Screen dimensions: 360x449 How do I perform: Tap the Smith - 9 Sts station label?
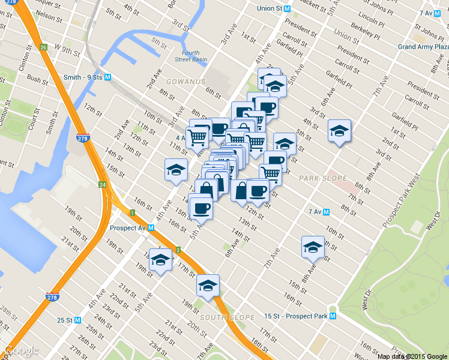coord(83,77)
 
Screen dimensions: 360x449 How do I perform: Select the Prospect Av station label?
coord(128,228)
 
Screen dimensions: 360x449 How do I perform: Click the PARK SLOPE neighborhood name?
coord(323,178)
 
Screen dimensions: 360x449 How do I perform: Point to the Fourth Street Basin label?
coord(191,56)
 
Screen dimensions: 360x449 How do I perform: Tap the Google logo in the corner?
coord(21,350)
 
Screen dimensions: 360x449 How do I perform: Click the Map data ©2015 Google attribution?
coord(412,356)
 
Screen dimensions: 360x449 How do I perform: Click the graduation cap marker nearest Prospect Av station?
coord(160,259)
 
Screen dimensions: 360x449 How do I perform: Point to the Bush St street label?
coord(37,79)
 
